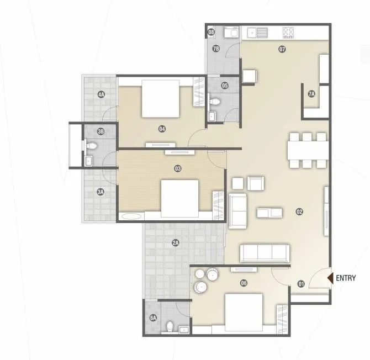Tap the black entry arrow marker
(330, 279)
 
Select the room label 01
(301, 284)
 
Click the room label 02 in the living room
(299, 211)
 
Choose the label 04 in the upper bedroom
(162, 129)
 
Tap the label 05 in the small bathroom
(225, 85)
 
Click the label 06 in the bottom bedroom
(244, 283)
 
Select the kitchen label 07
(282, 50)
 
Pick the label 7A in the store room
(311, 94)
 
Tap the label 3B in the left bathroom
(101, 131)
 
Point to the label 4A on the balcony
(101, 94)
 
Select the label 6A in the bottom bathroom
(153, 317)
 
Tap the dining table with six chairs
(306, 150)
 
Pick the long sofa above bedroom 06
(264, 253)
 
